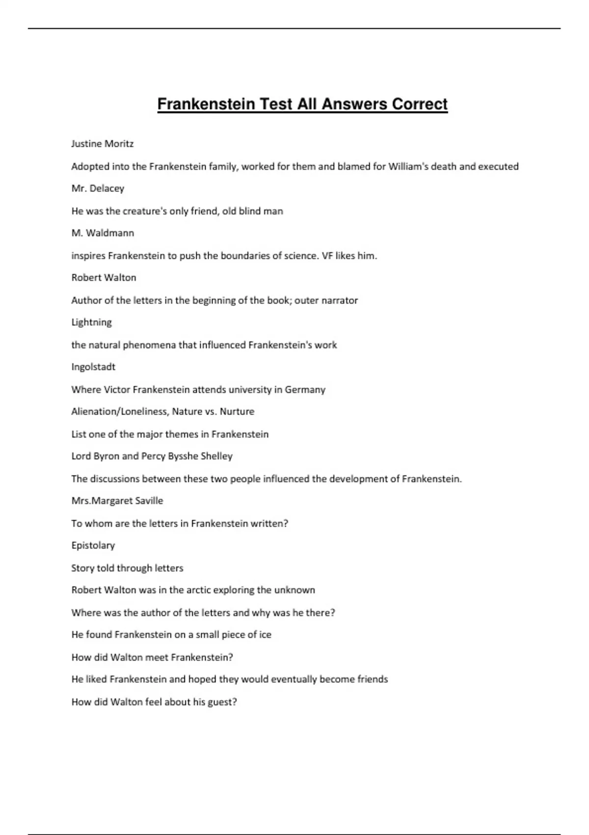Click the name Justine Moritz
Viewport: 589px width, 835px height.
tap(102, 144)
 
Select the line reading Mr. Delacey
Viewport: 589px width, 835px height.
tap(98, 189)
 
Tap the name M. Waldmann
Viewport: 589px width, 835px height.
tap(103, 233)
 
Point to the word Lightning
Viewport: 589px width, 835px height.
tap(91, 323)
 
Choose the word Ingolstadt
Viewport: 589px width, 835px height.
tap(93, 367)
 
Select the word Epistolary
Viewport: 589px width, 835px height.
tap(93, 546)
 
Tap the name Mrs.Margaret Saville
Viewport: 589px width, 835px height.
tap(117, 501)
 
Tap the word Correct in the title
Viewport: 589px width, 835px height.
tap(420, 104)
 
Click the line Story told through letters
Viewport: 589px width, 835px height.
tap(127, 568)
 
